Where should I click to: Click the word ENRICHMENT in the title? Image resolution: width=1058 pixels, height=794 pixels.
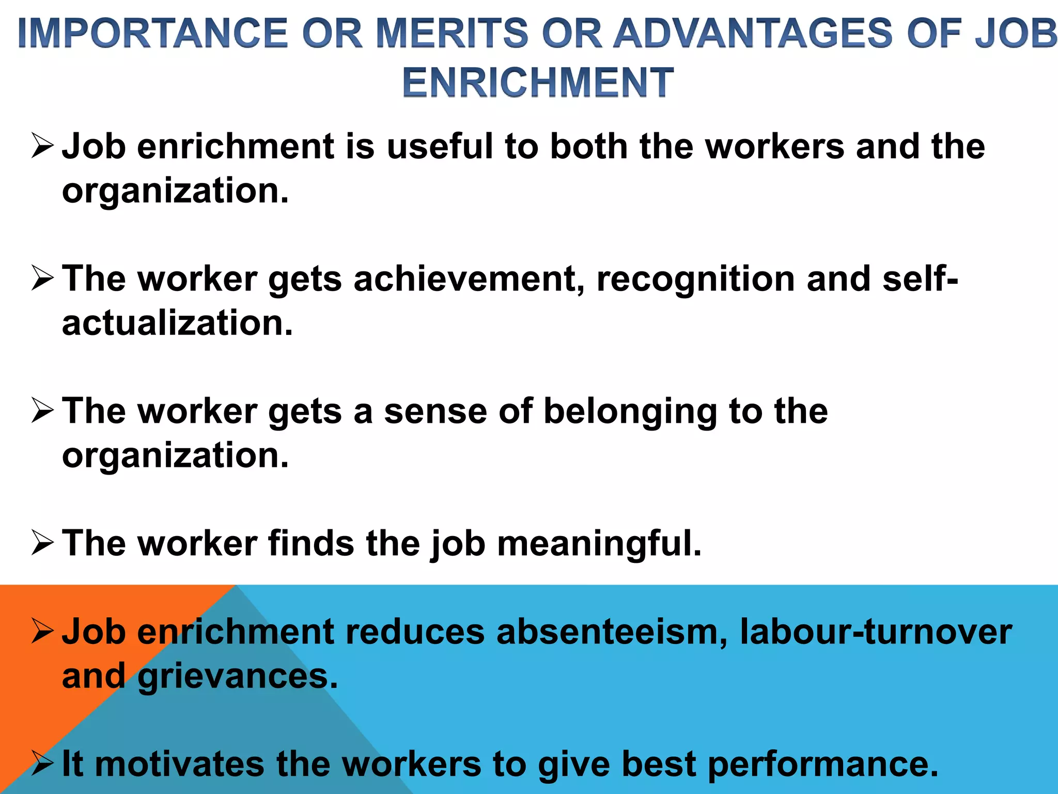pos(538,83)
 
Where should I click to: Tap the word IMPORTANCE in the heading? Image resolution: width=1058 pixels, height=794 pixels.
pos(152,33)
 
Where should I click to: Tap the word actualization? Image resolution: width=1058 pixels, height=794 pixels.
pos(177,323)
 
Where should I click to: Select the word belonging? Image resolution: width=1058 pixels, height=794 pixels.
pos(630,412)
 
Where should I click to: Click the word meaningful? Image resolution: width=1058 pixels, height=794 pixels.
pos(599,544)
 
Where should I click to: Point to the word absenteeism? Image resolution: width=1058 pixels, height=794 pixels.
pos(612,632)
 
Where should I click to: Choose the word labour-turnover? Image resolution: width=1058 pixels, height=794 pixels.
pos(876,632)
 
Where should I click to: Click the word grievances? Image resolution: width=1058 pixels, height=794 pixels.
pos(238,676)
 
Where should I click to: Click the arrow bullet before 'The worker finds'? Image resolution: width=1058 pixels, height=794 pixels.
pos(42,543)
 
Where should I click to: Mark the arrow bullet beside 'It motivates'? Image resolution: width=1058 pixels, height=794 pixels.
pos(42,764)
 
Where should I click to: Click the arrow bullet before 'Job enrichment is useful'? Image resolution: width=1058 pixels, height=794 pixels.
pos(42,146)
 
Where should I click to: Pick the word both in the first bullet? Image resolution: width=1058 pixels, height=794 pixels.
pos(589,146)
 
